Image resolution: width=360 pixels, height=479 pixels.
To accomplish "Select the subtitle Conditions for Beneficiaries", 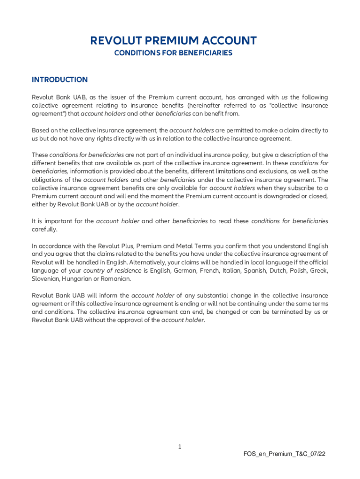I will [x=173, y=53].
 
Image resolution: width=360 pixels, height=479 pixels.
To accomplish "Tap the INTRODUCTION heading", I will [x=59, y=80].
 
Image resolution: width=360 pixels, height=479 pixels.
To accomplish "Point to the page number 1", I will [x=180, y=447].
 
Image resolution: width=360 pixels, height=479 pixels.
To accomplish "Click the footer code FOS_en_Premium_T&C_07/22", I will [x=284, y=454].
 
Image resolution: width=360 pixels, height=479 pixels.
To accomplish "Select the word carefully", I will [x=44, y=229].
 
